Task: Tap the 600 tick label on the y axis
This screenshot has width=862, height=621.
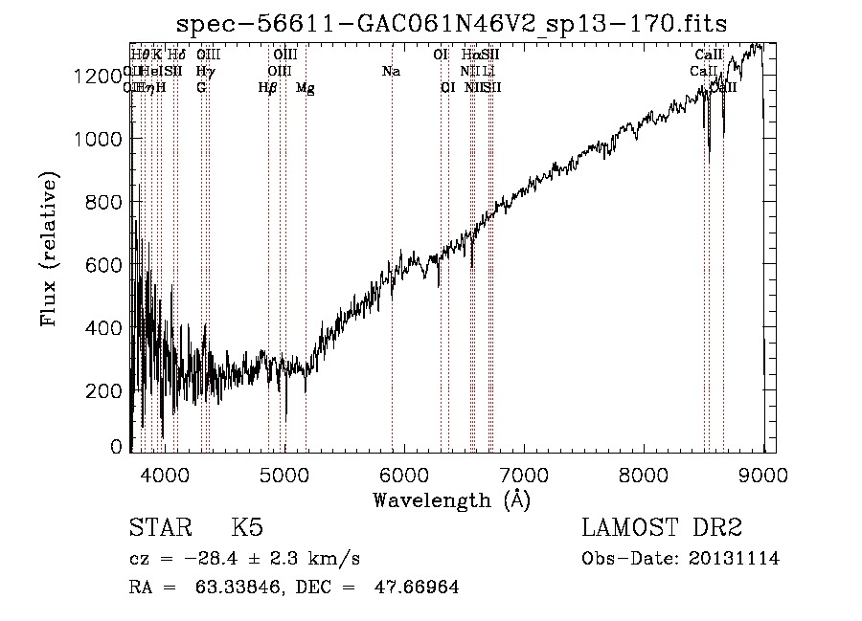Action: pyautogui.click(x=102, y=265)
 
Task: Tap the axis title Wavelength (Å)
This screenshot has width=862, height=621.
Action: pyautogui.click(x=451, y=499)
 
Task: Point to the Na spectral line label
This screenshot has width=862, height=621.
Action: pyautogui.click(x=391, y=72)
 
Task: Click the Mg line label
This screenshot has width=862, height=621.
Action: pyautogui.click(x=306, y=88)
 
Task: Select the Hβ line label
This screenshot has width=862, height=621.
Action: pyautogui.click(x=268, y=88)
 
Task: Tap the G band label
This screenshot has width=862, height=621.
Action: pyautogui.click(x=201, y=88)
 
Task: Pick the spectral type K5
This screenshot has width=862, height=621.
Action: pyautogui.click(x=247, y=528)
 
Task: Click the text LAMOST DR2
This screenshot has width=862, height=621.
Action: pyautogui.click(x=662, y=528)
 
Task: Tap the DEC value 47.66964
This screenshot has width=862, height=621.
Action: pyautogui.click(x=417, y=588)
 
